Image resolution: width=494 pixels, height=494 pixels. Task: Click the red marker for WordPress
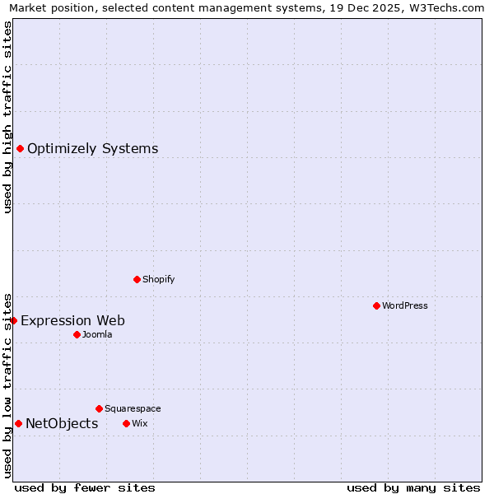tap(376, 305)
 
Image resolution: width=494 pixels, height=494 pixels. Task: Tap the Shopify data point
tap(137, 279)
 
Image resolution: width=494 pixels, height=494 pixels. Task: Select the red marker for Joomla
tap(77, 334)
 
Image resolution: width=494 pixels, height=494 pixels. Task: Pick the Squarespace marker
tap(99, 408)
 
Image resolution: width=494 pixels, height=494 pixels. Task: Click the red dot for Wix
tap(126, 423)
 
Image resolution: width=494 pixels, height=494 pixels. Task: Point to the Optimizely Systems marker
tap(20, 148)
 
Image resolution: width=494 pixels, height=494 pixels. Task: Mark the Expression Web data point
tap(13, 320)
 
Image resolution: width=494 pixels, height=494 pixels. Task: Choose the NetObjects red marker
tap(18, 423)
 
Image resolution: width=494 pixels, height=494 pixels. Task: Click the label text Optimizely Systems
tap(92, 149)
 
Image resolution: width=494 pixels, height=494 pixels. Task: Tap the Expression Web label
tap(72, 321)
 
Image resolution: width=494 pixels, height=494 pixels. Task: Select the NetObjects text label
tap(62, 424)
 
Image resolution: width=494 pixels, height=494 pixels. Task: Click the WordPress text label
tap(405, 306)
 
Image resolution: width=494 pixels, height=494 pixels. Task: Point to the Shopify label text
tap(159, 280)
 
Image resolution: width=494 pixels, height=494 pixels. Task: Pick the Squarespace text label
tap(133, 409)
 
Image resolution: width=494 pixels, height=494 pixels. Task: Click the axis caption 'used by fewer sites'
tap(85, 487)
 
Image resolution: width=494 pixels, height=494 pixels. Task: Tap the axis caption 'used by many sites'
tap(413, 487)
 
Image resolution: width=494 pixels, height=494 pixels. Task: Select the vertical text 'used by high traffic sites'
tap(7, 117)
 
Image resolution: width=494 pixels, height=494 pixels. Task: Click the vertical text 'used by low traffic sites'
tap(7, 384)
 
